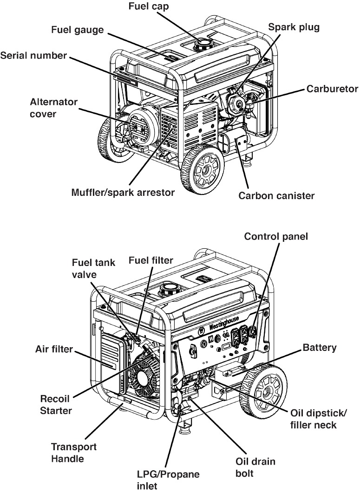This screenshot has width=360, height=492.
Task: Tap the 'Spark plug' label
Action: coord(294,27)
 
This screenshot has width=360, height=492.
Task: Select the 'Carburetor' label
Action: coord(332,89)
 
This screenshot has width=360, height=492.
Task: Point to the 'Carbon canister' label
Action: coord(276,196)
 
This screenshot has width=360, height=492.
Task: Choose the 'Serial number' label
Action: coord(34,56)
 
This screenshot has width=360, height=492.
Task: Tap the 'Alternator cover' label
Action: coord(48,107)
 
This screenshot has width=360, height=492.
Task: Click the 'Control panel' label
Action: coord(276,237)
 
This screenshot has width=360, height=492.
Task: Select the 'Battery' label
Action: coord(320,347)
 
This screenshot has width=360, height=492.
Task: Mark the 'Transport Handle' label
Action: coord(74,453)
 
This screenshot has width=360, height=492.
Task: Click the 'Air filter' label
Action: coord(55,349)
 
